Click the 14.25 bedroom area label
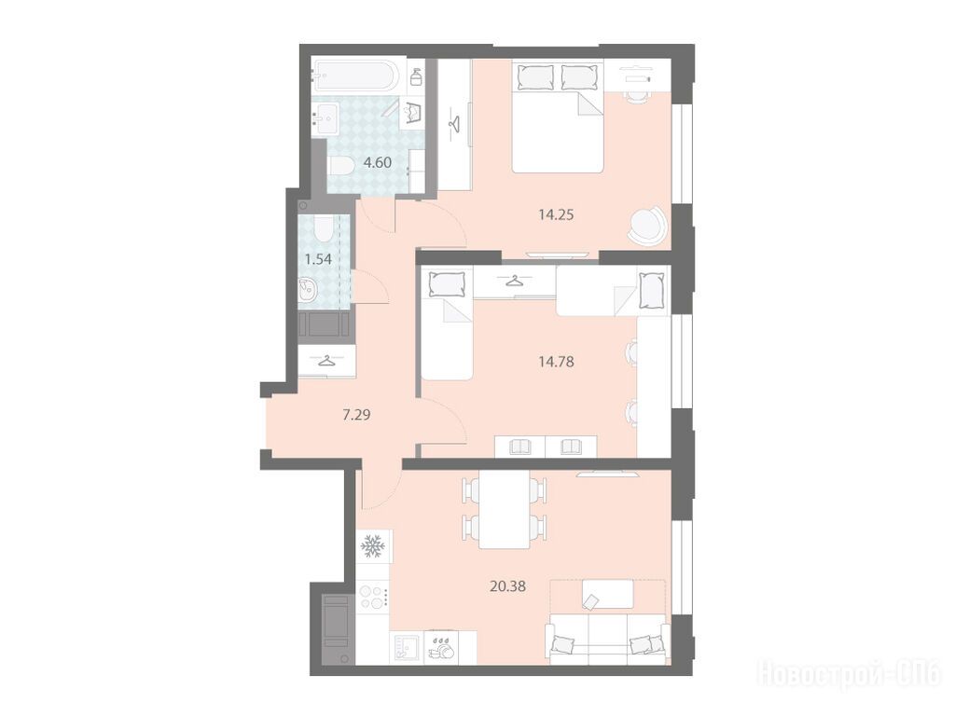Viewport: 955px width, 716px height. click(556, 214)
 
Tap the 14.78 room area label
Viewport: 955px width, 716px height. click(556, 362)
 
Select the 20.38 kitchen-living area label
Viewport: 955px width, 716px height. click(507, 586)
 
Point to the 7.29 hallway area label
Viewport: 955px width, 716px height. click(357, 415)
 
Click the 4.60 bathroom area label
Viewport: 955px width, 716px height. click(377, 162)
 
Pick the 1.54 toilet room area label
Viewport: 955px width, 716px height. click(318, 259)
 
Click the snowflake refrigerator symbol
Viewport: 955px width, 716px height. click(371, 546)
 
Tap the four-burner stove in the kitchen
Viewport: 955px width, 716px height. click(373, 596)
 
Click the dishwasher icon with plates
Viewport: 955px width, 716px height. click(443, 648)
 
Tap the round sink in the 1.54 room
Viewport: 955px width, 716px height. click(308, 290)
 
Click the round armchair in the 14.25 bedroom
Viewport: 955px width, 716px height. click(646, 227)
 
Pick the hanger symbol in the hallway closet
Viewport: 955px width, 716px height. click(326, 361)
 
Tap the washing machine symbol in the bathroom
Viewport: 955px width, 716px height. click(415, 113)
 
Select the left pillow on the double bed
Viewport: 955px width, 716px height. click(535, 76)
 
